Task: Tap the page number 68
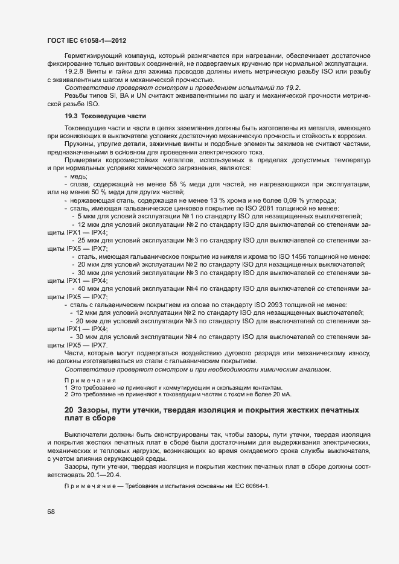(50, 512)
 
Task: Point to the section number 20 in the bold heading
(69, 411)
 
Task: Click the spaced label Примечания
(90, 380)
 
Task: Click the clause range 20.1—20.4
(104, 475)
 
